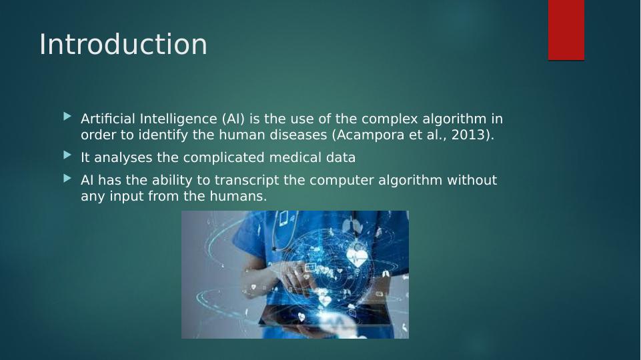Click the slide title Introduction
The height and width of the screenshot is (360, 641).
123,44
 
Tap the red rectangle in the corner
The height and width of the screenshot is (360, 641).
566,30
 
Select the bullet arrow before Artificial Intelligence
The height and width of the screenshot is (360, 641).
68,117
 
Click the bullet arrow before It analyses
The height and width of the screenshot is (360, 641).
68,155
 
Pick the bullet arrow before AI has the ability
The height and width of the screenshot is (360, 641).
68,178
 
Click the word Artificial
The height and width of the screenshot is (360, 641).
108,119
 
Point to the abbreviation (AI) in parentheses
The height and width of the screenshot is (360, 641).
233,119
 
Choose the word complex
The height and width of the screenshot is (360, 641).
390,119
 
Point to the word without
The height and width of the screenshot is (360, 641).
472,180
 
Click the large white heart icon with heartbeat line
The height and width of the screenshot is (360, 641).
356,257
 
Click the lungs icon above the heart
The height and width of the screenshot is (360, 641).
348,225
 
